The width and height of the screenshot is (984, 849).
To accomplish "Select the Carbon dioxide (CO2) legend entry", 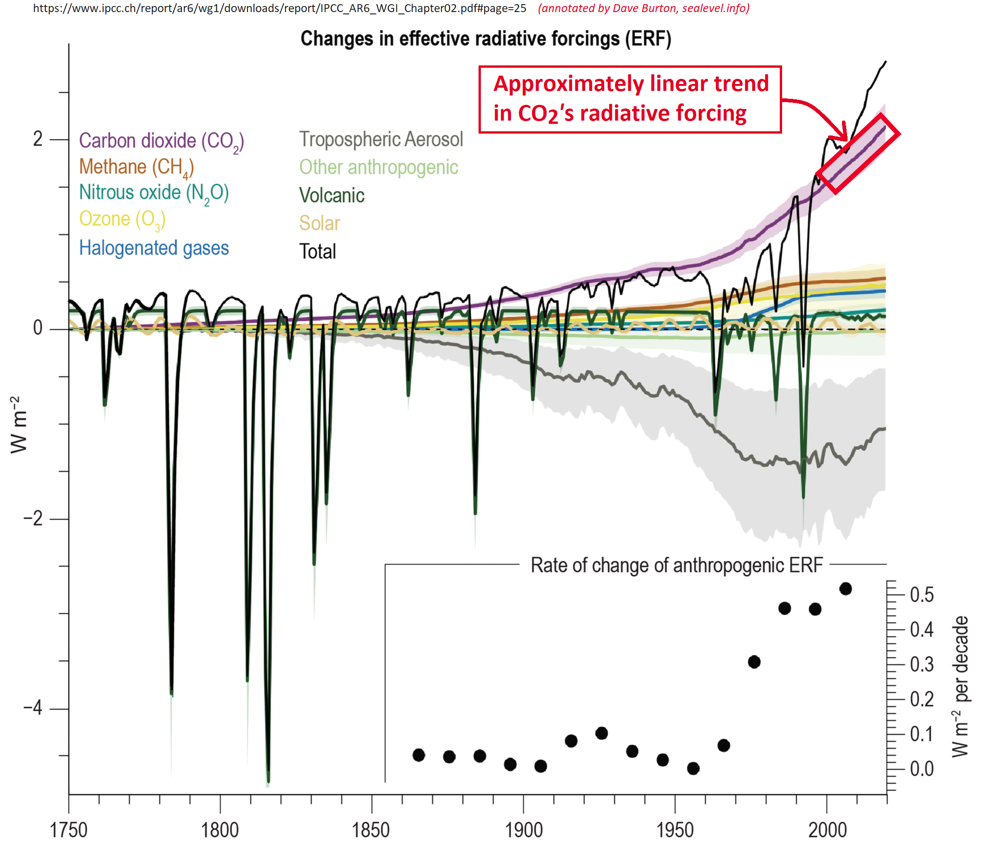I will click(x=161, y=141).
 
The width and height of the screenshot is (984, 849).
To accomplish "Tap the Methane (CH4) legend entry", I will click(x=136, y=167).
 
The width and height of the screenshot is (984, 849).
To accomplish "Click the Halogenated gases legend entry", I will click(x=154, y=248).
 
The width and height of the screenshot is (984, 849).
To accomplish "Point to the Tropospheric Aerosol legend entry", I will click(x=381, y=140).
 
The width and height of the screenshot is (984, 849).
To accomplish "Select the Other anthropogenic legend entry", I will click(x=378, y=167).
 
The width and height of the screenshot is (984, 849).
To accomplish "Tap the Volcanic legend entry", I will click(x=331, y=195).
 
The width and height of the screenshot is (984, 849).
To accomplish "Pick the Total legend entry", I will click(x=317, y=251).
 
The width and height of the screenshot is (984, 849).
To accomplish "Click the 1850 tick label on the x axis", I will click(x=371, y=830).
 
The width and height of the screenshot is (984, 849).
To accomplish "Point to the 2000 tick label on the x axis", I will click(x=827, y=830).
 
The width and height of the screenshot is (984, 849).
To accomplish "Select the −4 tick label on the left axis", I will click(x=33, y=708).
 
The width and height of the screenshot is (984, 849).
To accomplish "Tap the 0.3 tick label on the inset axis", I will click(x=921, y=665).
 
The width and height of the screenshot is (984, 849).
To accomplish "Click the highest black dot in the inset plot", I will click(x=845, y=589).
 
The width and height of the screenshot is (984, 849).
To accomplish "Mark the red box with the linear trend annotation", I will click(x=630, y=99).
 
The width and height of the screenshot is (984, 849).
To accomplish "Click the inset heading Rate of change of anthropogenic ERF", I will click(x=676, y=565).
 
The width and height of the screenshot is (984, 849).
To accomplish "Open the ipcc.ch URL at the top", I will click(x=280, y=8).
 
